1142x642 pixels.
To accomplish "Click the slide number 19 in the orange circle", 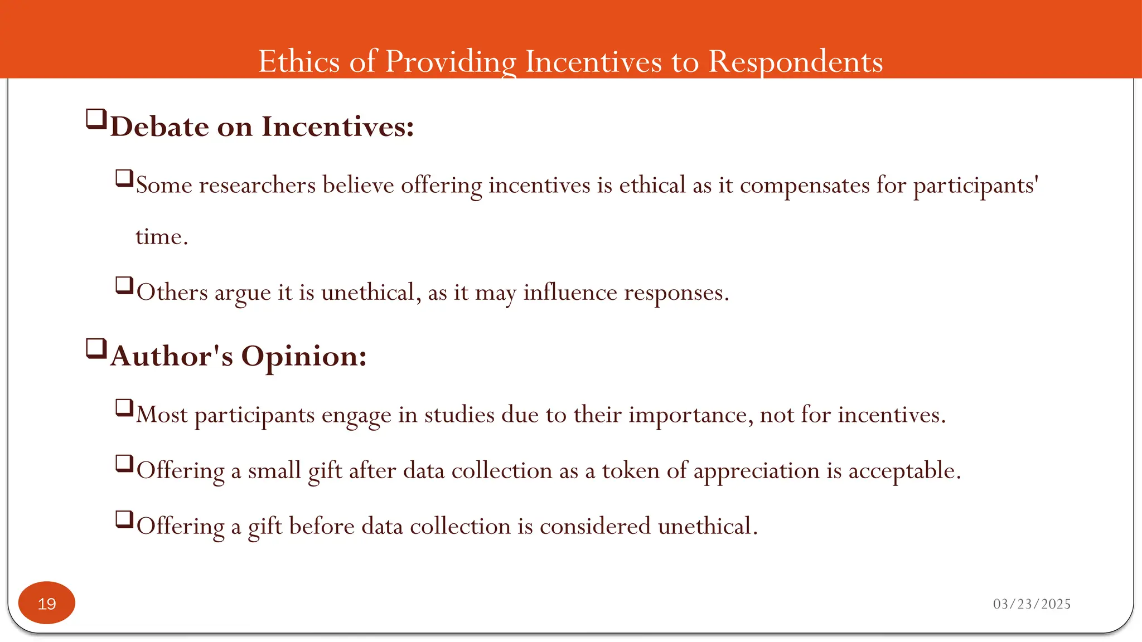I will [x=47, y=604].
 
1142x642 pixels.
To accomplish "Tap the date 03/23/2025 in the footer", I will [x=1032, y=604].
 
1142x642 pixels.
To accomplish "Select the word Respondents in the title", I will [x=795, y=61].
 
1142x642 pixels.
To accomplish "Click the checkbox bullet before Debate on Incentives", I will [x=96, y=119].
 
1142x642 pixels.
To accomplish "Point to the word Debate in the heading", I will [x=159, y=127].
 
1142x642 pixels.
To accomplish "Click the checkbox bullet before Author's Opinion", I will [x=96, y=349].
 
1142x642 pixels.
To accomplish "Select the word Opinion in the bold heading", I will [x=304, y=356].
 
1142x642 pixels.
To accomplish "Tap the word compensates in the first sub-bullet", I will [x=805, y=185].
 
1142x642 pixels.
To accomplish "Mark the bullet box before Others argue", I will [x=124, y=285].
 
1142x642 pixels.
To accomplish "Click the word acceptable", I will [x=904, y=471].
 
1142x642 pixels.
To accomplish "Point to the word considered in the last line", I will [x=595, y=527].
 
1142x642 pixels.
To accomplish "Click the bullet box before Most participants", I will [x=124, y=408].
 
